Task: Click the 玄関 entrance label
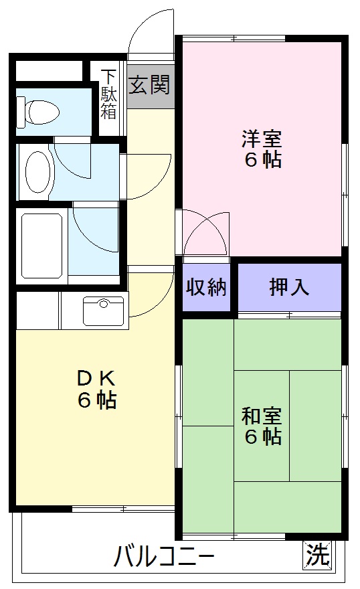coord(150,84)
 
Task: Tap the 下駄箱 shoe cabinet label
coord(108,94)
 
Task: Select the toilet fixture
coord(38,112)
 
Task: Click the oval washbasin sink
coord(37,171)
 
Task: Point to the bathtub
coord(41,246)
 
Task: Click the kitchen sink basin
coord(103,311)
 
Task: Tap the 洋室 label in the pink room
coord(262,139)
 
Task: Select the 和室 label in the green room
coord(262,416)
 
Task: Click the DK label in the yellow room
coord(96,379)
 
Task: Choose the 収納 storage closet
coord(207,287)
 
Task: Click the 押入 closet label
coord(289,287)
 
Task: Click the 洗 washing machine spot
coord(318,555)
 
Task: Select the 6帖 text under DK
coord(97,400)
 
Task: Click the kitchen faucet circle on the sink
coord(103,303)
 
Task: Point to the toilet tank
coord(21,111)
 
